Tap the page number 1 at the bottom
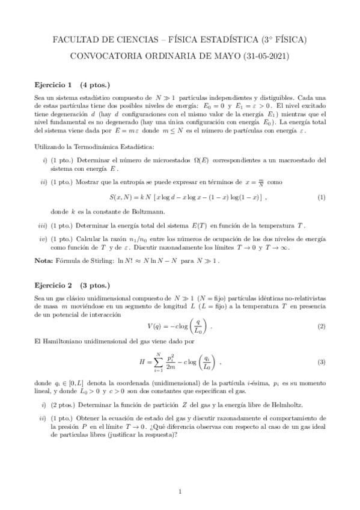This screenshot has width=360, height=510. tap(180, 491)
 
